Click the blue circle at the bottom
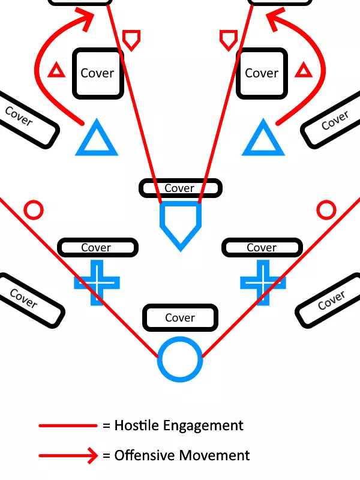(x=179, y=359)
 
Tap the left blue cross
(x=96, y=282)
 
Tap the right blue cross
(x=263, y=282)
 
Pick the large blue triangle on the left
(x=96, y=140)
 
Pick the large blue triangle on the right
(x=262, y=140)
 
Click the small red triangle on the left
(x=56, y=71)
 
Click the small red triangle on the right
(x=304, y=71)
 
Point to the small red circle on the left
(x=34, y=210)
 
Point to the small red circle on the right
(x=326, y=210)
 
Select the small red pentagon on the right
(x=229, y=40)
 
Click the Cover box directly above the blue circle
(x=180, y=317)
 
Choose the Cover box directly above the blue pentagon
(x=180, y=188)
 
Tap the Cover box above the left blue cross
(x=97, y=247)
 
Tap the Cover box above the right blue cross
(x=262, y=247)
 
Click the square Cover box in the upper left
(x=98, y=73)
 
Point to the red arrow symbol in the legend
(x=68, y=455)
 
